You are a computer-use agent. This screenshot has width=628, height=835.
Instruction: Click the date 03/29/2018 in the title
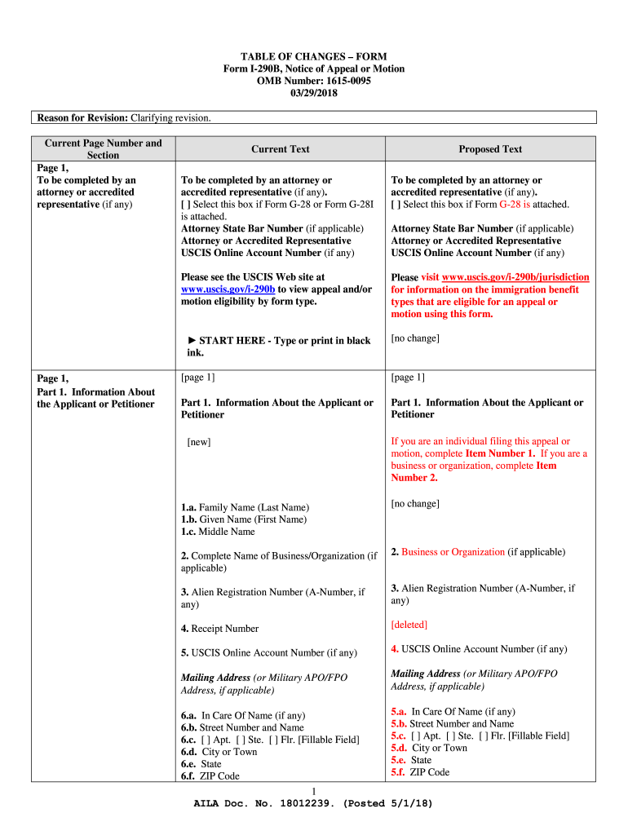click(313, 94)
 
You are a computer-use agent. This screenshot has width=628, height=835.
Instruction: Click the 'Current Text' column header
click(280, 149)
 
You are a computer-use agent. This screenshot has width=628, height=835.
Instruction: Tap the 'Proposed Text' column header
click(489, 149)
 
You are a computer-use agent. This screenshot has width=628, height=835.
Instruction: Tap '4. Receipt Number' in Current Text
click(219, 629)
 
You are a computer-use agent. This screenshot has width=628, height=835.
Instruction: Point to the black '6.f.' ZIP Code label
click(189, 776)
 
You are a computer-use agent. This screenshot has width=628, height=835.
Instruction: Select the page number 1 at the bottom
click(314, 792)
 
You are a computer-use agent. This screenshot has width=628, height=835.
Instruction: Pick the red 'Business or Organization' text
click(453, 552)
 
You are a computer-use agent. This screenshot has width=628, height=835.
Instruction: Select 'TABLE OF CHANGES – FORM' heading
click(313, 57)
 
